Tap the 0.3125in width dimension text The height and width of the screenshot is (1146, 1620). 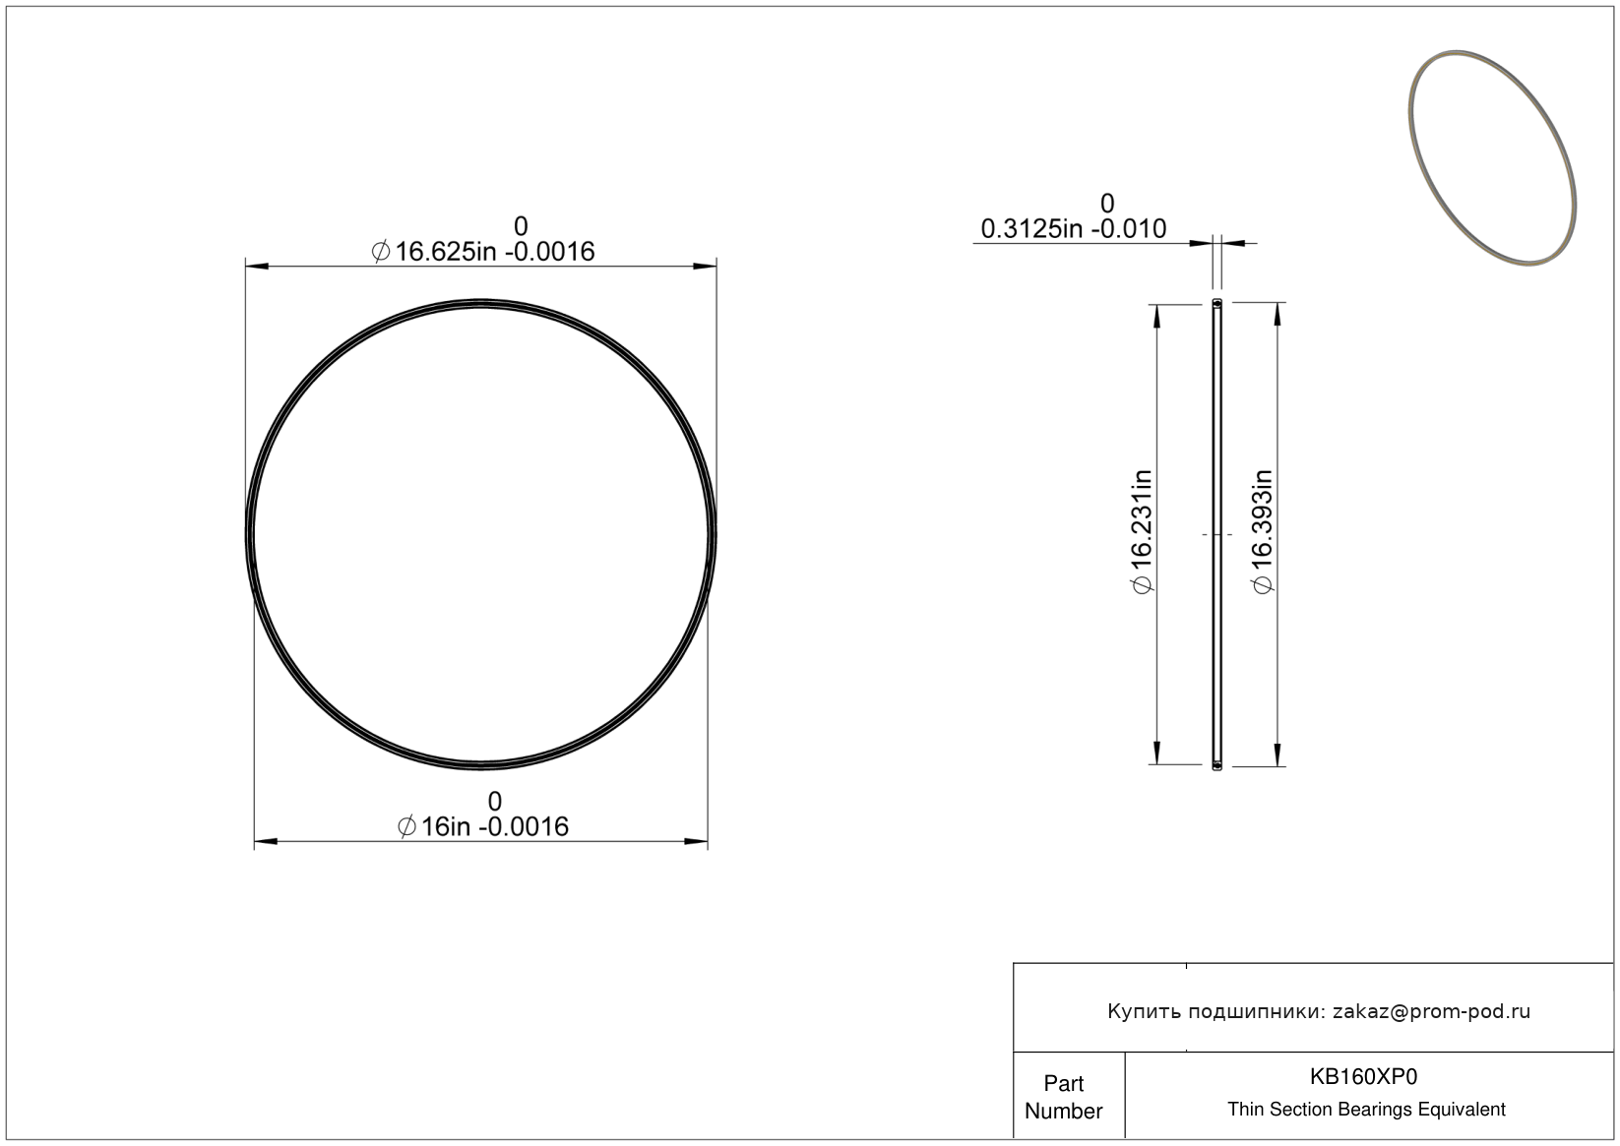[1073, 229]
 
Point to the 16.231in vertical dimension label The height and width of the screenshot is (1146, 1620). [1142, 532]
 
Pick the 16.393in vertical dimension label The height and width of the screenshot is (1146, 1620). [1262, 532]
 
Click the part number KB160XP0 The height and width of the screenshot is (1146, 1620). [1364, 1076]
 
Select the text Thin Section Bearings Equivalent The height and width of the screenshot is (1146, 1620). [1366, 1109]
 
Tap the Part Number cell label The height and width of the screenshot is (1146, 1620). [1063, 1097]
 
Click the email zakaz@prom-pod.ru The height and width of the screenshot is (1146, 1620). [1431, 1011]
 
